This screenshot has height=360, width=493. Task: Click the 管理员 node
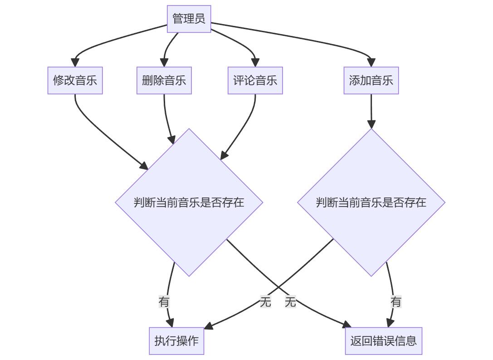[189, 19]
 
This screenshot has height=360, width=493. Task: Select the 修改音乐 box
[75, 80]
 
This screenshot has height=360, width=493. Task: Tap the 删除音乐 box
[164, 80]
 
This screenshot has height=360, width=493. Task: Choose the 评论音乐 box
[255, 80]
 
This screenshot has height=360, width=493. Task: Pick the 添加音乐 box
[371, 80]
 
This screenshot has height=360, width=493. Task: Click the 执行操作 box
[176, 340]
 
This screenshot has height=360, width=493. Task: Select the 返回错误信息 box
[383, 340]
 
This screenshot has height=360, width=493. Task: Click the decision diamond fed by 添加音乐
[371, 202]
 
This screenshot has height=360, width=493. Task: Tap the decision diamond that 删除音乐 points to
[189, 202]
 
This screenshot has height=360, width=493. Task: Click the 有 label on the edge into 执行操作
[164, 301]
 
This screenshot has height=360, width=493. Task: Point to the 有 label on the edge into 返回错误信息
[396, 301]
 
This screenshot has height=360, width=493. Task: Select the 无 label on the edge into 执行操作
[265, 301]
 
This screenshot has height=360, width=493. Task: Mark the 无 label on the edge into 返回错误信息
[290, 301]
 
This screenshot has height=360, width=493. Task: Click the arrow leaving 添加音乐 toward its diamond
[371, 111]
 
